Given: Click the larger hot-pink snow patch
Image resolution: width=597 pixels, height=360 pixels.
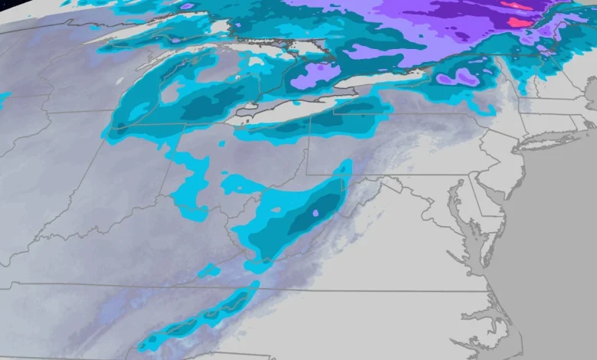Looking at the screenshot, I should (x=519, y=22).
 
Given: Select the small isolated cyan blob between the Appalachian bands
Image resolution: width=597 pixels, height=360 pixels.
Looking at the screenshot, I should (x=208, y=270).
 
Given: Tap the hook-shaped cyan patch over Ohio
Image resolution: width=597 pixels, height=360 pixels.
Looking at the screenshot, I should (x=188, y=184).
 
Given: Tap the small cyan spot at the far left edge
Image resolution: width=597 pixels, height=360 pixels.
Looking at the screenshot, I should (x=3, y=100).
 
